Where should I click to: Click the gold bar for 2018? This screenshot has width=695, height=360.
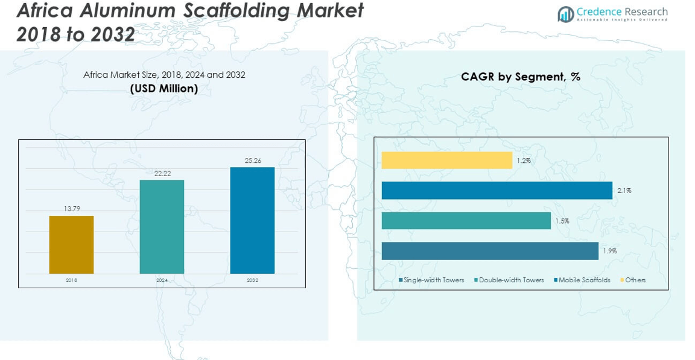tap(71, 244)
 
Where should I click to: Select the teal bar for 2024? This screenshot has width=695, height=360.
tap(162, 227)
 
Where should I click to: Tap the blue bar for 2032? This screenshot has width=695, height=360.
tap(252, 220)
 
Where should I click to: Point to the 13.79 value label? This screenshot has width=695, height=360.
tap(72, 209)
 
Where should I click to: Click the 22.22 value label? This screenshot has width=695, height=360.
tap(162, 173)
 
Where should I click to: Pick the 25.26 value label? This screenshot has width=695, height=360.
tap(252, 160)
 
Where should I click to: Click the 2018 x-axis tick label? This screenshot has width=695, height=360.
tap(72, 280)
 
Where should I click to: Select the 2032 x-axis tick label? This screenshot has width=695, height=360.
tap(252, 280)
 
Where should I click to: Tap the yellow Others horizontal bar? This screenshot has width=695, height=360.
tap(446, 160)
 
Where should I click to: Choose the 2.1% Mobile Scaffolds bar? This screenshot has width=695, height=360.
tap(497, 191)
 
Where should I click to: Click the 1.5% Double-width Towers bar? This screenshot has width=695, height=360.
tap(466, 221)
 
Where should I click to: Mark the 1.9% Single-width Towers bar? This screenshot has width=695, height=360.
tap(489, 251)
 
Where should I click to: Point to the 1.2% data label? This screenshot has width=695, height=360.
tap(523, 160)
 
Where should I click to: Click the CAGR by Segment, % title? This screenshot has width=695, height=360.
tap(520, 77)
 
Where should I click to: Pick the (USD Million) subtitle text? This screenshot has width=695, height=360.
tap(164, 89)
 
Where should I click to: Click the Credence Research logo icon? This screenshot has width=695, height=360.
tap(565, 14)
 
